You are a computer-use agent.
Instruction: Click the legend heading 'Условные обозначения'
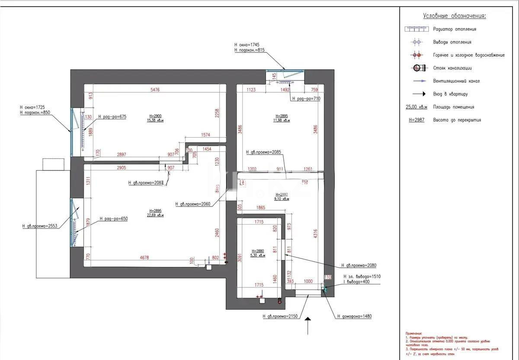click(x=454, y=16)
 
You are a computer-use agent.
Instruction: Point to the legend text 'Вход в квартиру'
click(x=450, y=94)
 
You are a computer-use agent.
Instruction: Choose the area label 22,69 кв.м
click(x=155, y=215)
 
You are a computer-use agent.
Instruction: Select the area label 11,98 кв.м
click(x=282, y=121)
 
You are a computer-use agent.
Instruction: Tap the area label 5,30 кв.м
click(x=257, y=256)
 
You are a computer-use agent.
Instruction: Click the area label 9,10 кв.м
click(x=282, y=199)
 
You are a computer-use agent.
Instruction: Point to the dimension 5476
click(x=155, y=90)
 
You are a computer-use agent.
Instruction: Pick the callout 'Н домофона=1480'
click(x=354, y=316)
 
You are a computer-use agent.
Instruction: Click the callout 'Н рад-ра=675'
click(x=112, y=117)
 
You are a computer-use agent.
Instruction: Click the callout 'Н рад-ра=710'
click(x=306, y=99)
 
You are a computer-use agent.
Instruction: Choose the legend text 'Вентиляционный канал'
click(x=456, y=81)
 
